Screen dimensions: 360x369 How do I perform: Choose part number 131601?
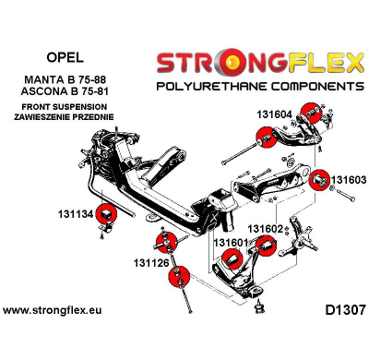(232, 243)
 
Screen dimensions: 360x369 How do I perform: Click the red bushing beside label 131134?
(108, 216)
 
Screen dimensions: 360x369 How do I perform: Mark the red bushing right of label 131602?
(264, 246)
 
